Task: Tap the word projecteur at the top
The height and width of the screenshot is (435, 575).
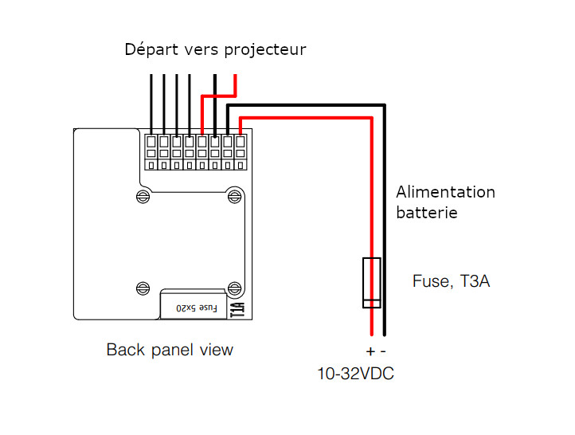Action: [x=265, y=50]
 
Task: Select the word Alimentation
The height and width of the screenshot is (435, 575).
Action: [x=445, y=192]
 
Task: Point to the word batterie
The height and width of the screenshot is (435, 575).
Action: [x=427, y=213]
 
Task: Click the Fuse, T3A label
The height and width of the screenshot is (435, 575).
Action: [x=451, y=281]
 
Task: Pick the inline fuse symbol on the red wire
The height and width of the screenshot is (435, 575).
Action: [x=371, y=282]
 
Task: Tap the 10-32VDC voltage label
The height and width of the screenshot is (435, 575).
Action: [x=355, y=374]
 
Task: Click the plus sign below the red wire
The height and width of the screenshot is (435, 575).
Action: [x=370, y=351]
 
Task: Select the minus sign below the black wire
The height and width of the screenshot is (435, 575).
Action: [x=383, y=351]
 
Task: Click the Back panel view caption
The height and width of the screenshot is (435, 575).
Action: [x=170, y=350]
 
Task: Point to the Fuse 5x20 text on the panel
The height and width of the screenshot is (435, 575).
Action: [x=197, y=308]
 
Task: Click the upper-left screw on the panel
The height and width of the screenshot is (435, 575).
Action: [x=143, y=197]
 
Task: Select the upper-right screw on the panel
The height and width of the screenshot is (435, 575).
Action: [x=235, y=197]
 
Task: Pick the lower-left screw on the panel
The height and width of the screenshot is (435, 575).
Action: [x=143, y=288]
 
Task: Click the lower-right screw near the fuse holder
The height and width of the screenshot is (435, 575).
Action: [x=235, y=288]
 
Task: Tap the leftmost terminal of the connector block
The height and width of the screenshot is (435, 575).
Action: [x=151, y=152]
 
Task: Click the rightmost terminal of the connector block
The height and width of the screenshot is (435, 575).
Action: [x=241, y=152]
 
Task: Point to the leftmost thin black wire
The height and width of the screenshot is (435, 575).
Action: [x=151, y=105]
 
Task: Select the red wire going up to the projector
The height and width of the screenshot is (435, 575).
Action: [x=219, y=96]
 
